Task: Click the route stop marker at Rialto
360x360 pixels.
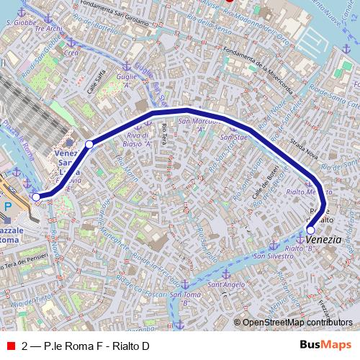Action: click(x=310, y=230)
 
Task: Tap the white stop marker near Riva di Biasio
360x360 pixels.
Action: click(x=89, y=145)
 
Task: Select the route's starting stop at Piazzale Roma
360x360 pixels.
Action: click(x=37, y=197)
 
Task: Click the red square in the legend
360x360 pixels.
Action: click(x=10, y=346)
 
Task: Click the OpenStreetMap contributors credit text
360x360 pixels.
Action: click(x=295, y=322)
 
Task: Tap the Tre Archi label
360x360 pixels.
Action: click(x=49, y=29)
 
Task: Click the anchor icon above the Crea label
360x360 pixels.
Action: click(x=70, y=42)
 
